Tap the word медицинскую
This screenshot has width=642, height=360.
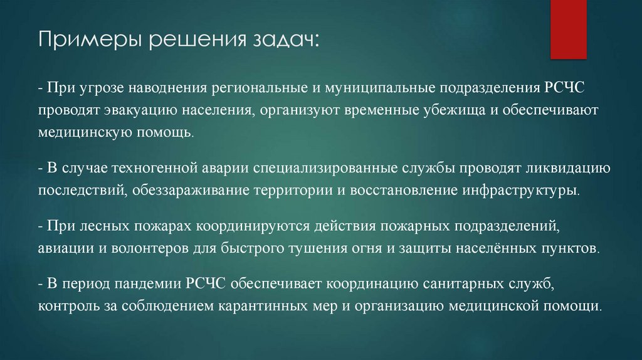(x=84, y=133)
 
